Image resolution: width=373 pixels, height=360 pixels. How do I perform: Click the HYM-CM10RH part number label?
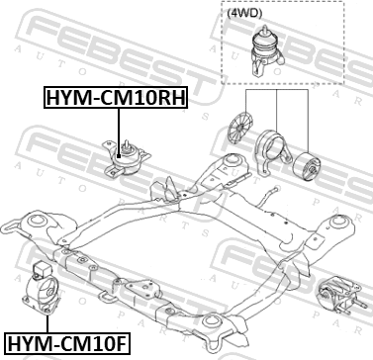[x=116, y=98]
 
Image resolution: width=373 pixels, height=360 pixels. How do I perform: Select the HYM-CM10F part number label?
[x=67, y=343]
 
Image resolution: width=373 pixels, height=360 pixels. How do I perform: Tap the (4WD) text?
[x=244, y=13]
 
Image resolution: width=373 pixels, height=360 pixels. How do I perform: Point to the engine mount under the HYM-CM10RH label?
[x=126, y=158]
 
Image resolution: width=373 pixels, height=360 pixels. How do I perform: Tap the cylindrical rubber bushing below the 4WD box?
[x=307, y=166]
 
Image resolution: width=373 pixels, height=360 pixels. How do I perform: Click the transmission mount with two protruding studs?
[x=339, y=297]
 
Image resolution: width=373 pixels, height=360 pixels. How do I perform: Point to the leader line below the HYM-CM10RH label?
[x=119, y=132]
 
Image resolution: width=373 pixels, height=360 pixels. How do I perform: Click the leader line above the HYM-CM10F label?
[x=47, y=324]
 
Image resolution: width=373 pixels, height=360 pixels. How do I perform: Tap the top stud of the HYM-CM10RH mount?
[x=126, y=145]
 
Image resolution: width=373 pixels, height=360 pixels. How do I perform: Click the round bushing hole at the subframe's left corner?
[x=36, y=221]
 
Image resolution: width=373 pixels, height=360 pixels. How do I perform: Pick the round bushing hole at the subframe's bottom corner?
[x=211, y=320]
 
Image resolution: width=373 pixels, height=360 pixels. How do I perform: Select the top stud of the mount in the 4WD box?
[x=264, y=31]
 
